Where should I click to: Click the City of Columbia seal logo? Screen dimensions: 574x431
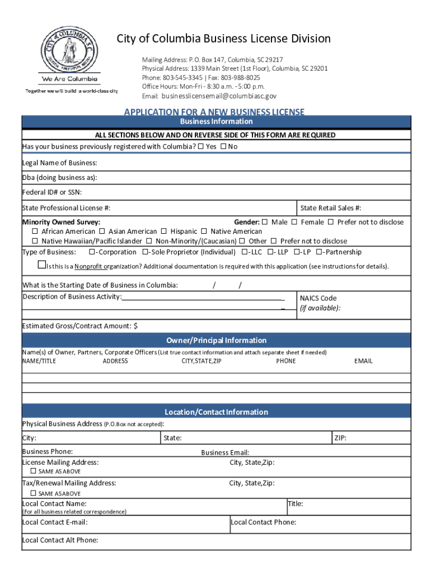(x=71, y=50)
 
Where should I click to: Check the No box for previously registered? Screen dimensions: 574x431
(x=223, y=147)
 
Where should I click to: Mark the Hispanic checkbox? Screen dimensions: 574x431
(x=164, y=232)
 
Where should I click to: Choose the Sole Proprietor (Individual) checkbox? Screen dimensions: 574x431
(x=146, y=252)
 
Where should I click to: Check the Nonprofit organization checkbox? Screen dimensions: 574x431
(x=41, y=265)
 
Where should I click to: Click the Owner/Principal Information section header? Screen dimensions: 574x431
(x=216, y=340)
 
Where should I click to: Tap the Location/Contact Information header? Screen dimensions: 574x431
(x=216, y=412)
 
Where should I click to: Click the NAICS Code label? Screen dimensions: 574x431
(x=318, y=298)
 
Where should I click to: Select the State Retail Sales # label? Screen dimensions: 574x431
(x=330, y=208)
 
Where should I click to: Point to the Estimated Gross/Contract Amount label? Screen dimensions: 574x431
(x=79, y=326)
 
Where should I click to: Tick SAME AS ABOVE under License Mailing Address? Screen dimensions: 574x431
(x=34, y=471)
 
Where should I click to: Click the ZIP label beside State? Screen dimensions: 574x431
(x=340, y=438)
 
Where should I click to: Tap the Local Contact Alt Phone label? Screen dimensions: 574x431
(x=60, y=540)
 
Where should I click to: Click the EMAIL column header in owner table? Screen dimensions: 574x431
(x=363, y=361)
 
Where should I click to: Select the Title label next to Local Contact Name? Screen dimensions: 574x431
(x=296, y=504)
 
